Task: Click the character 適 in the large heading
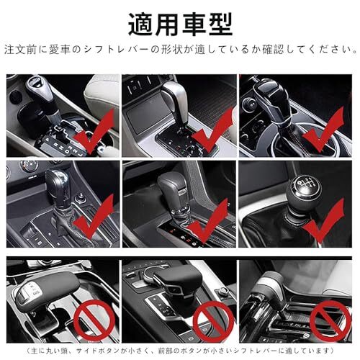tap(141, 24)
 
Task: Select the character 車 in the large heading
tap(194, 24)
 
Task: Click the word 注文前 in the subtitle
tap(20, 50)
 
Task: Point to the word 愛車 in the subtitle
tap(60, 50)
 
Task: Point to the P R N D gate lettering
tap(63, 145)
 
